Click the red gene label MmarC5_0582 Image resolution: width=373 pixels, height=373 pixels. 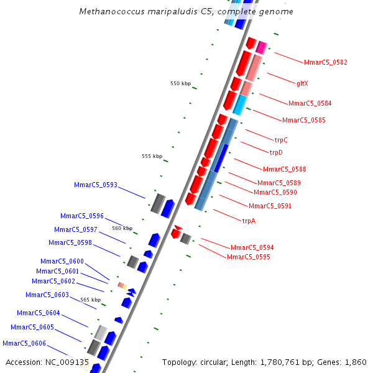(x=325, y=62)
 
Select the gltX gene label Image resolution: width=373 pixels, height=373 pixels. (x=302, y=83)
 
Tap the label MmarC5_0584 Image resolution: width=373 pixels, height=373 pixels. (x=310, y=103)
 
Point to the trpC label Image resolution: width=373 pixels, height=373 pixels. (x=281, y=140)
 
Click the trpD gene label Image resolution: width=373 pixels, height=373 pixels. (x=276, y=152)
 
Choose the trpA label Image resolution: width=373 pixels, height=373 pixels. (x=249, y=221)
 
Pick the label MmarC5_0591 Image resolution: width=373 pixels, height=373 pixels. (x=270, y=206)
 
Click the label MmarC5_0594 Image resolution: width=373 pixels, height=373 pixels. (x=252, y=247)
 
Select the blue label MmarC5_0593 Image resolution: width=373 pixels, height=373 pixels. (x=96, y=185)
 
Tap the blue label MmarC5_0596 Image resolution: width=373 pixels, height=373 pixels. (x=82, y=216)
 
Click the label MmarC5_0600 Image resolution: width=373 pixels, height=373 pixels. (x=62, y=261)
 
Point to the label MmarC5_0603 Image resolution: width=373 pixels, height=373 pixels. (x=47, y=295)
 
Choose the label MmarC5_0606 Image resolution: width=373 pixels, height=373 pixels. (x=24, y=343)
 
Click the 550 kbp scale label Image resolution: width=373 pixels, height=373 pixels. (x=181, y=83)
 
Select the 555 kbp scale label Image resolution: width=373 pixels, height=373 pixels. (x=152, y=156)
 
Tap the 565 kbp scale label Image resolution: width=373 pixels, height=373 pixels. (x=90, y=300)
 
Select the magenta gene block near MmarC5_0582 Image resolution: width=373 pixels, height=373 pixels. (x=262, y=48)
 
